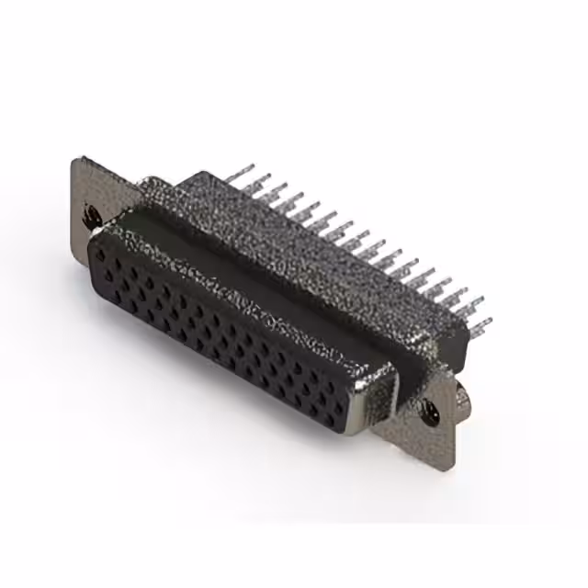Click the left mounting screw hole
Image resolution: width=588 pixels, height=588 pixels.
[x=91, y=217]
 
